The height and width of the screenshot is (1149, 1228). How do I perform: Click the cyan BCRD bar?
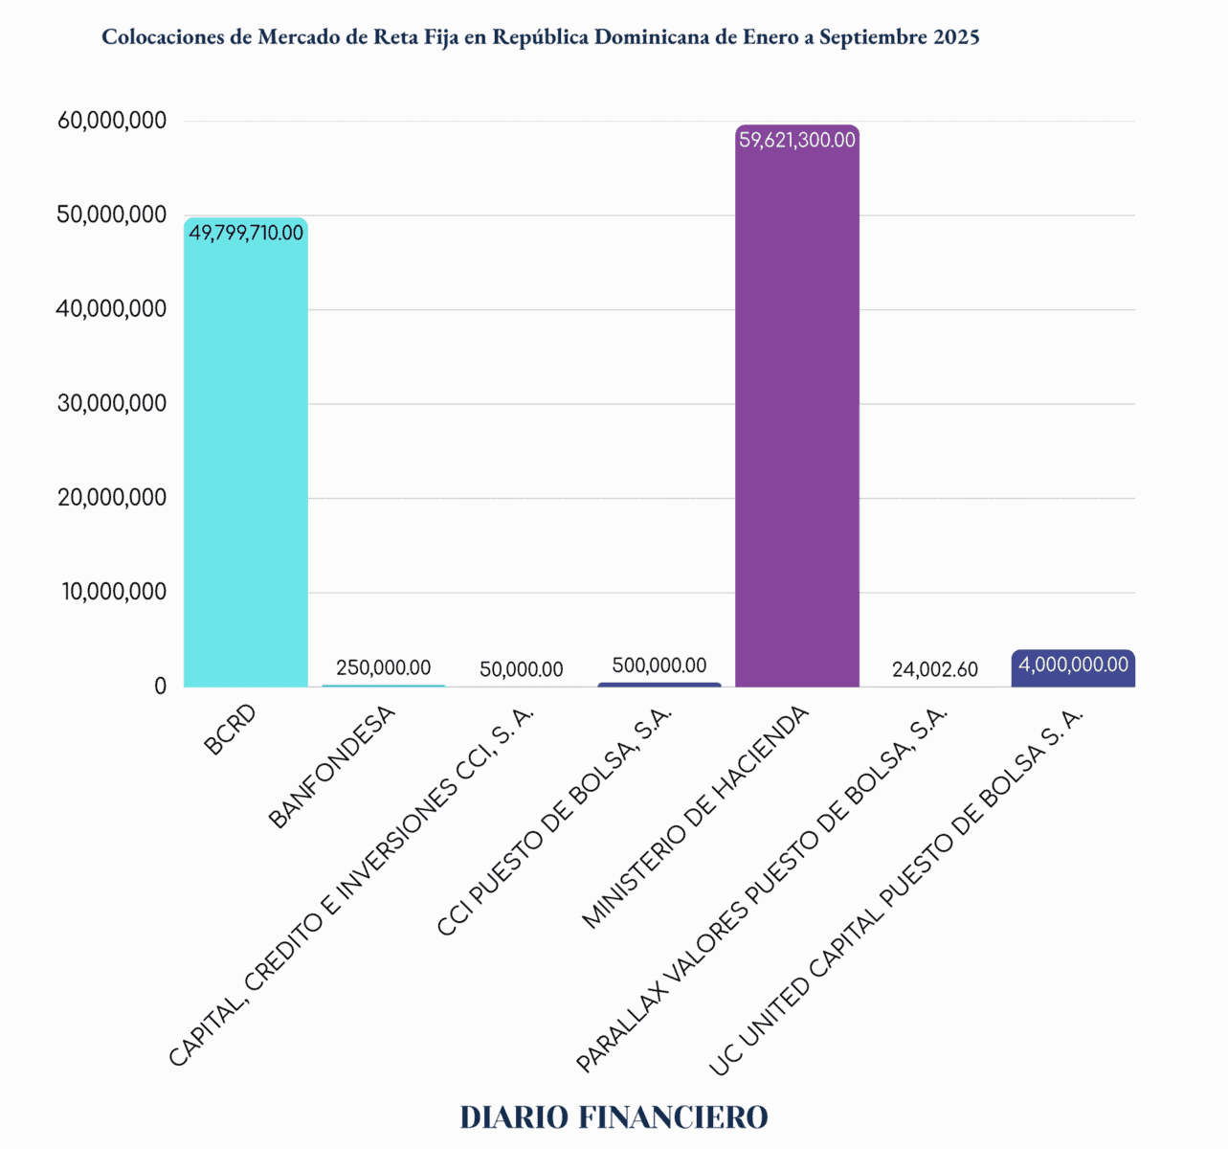pos(245,460)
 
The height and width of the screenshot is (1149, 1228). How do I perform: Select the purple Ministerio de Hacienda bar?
pos(796,421)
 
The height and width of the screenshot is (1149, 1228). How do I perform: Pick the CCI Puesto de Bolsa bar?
pos(659,685)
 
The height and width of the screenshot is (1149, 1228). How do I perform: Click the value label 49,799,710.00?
pos(246,233)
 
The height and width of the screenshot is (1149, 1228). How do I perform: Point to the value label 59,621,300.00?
pos(797,140)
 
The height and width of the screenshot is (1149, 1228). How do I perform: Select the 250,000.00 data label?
pos(383,667)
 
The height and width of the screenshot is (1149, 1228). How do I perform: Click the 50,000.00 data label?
pos(521,669)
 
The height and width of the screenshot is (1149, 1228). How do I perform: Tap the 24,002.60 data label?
pos(934,669)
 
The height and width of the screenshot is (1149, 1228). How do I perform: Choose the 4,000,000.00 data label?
pos(1073,665)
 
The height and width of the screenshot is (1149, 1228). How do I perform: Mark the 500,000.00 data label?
pos(659,665)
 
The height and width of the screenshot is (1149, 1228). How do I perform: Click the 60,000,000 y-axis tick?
pos(112,121)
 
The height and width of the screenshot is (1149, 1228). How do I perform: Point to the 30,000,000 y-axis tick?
pos(112,403)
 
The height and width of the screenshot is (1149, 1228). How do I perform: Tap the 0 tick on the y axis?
pos(160,687)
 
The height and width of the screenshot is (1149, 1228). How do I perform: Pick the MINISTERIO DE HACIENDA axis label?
pos(696,817)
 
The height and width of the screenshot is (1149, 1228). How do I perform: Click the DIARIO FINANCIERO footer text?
pos(614,1116)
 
